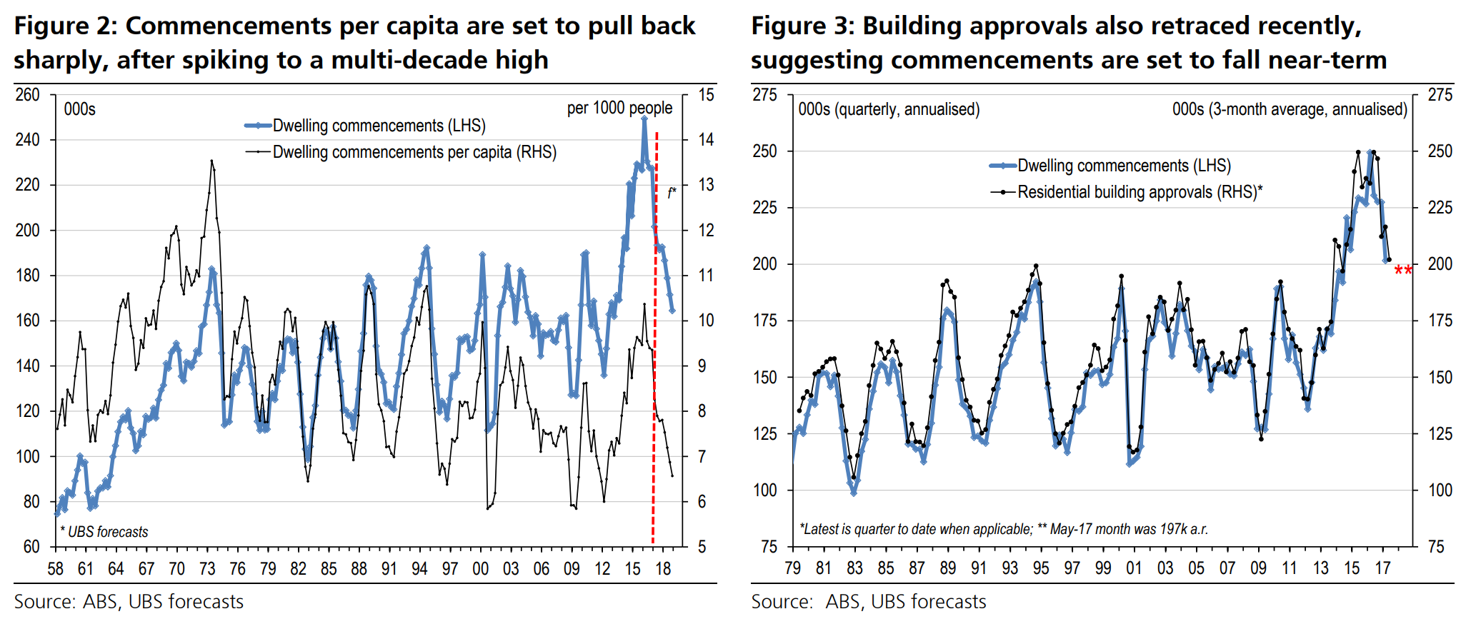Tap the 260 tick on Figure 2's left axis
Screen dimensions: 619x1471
28,95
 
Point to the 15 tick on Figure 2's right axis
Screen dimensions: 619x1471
706,95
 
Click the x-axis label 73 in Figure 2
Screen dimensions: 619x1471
207,569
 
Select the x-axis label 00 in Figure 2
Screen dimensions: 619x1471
480,569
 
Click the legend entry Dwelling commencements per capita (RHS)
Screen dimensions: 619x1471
414,152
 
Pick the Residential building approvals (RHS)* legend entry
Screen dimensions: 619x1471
1140,192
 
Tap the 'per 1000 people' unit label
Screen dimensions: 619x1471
619,108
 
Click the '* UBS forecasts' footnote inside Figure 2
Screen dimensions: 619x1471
104,532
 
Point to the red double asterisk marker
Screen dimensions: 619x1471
1403,271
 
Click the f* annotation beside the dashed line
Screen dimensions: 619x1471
672,193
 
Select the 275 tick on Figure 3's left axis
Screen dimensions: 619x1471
764,95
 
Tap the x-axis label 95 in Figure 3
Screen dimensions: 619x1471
1040,569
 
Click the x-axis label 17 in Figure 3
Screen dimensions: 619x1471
1382,569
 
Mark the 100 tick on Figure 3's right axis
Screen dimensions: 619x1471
1440,490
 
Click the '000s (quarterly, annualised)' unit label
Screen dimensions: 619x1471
889,109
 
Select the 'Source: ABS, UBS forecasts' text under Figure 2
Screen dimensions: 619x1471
129,602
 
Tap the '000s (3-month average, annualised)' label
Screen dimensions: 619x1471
1290,109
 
